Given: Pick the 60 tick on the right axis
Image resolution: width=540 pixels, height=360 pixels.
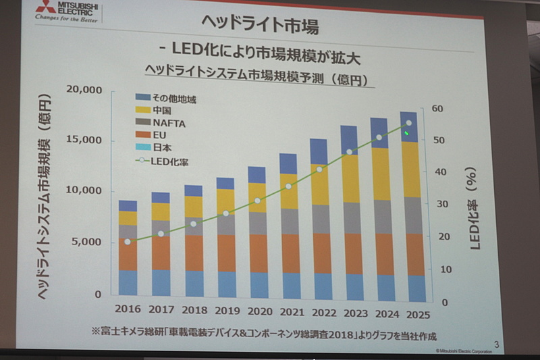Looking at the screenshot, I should [x=437, y=109].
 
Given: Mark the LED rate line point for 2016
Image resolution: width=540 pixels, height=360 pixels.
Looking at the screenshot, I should [x=128, y=241].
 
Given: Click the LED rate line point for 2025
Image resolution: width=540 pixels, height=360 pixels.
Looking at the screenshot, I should [x=408, y=124].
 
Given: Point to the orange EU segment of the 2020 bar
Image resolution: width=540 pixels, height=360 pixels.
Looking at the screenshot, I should [x=257, y=253].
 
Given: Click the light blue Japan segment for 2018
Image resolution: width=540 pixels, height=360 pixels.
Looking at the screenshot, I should [x=194, y=284].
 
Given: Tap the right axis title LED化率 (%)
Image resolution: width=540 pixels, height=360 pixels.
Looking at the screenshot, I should [x=473, y=209].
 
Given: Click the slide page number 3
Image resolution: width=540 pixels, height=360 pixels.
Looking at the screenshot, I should [x=497, y=346].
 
